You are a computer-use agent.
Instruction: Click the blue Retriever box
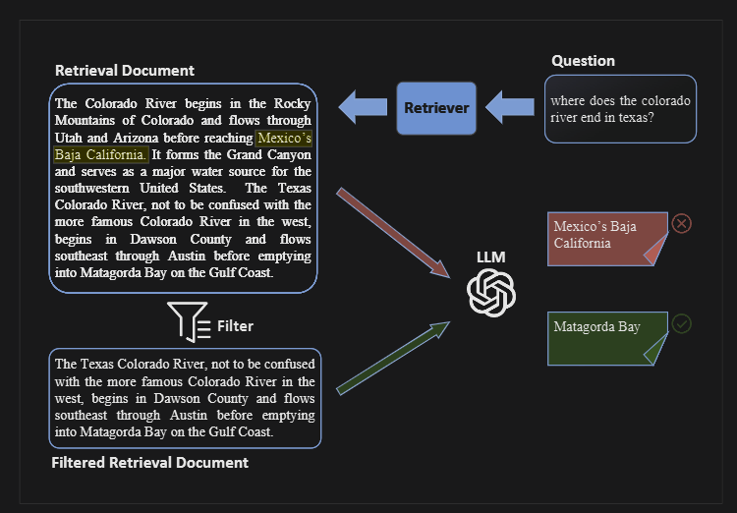tap(436, 108)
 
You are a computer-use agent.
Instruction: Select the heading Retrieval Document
tap(125, 71)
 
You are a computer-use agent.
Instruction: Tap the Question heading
tap(583, 61)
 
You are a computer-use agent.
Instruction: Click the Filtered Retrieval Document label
tap(150, 463)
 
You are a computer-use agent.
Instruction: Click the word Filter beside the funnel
tap(235, 326)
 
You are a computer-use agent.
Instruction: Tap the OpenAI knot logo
tap(491, 293)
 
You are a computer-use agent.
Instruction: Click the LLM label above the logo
tap(490, 257)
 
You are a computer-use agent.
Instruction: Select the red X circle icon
tap(682, 223)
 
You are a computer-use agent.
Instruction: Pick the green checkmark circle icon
tap(682, 324)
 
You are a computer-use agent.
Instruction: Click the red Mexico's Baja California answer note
tap(607, 239)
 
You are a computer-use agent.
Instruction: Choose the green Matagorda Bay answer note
tap(607, 338)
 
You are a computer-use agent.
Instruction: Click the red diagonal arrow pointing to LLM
tap(393, 233)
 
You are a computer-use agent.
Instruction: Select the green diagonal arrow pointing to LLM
tap(393, 359)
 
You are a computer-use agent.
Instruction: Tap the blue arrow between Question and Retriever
tap(509, 107)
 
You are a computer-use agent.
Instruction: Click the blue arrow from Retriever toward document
tap(363, 107)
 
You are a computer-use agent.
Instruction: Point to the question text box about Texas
tap(620, 109)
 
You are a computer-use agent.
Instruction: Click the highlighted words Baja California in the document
tap(100, 154)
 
